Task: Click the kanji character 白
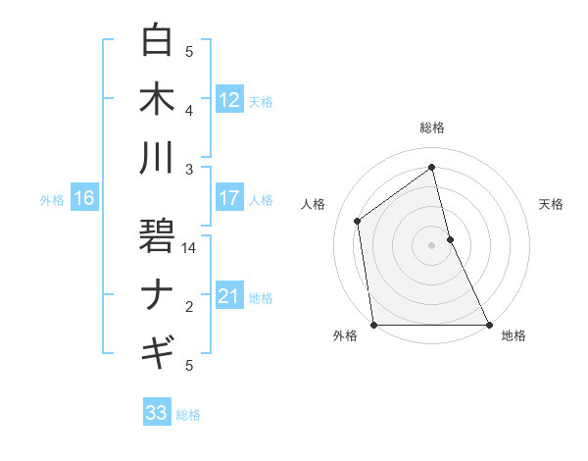157,41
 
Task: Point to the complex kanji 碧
157,234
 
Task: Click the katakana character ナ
157,294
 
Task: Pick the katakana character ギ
157,350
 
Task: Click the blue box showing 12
229,99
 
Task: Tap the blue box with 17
229,198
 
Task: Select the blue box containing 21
229,296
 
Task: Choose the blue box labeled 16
83,198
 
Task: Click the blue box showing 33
156,413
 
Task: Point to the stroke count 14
190,248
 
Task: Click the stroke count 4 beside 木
189,110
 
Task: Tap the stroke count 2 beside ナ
189,307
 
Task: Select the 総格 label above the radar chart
431,128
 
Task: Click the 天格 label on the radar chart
551,204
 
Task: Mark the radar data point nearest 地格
489,325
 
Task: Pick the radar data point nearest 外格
373,325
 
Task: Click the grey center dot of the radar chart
431,245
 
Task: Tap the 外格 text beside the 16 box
52,199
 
